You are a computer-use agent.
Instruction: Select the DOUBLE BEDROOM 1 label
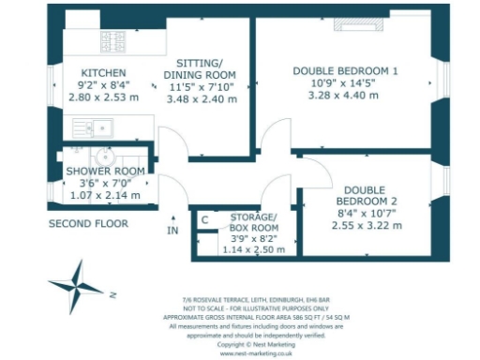(x=346, y=71)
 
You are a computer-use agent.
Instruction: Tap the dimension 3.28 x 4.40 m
(x=346, y=96)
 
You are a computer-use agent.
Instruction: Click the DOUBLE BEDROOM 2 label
(x=369, y=196)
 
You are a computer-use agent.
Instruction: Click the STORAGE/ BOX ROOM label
(x=254, y=221)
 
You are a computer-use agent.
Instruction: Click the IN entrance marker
(x=172, y=230)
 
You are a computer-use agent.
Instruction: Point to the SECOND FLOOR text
(x=88, y=224)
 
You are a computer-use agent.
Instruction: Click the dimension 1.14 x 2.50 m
(x=258, y=249)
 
